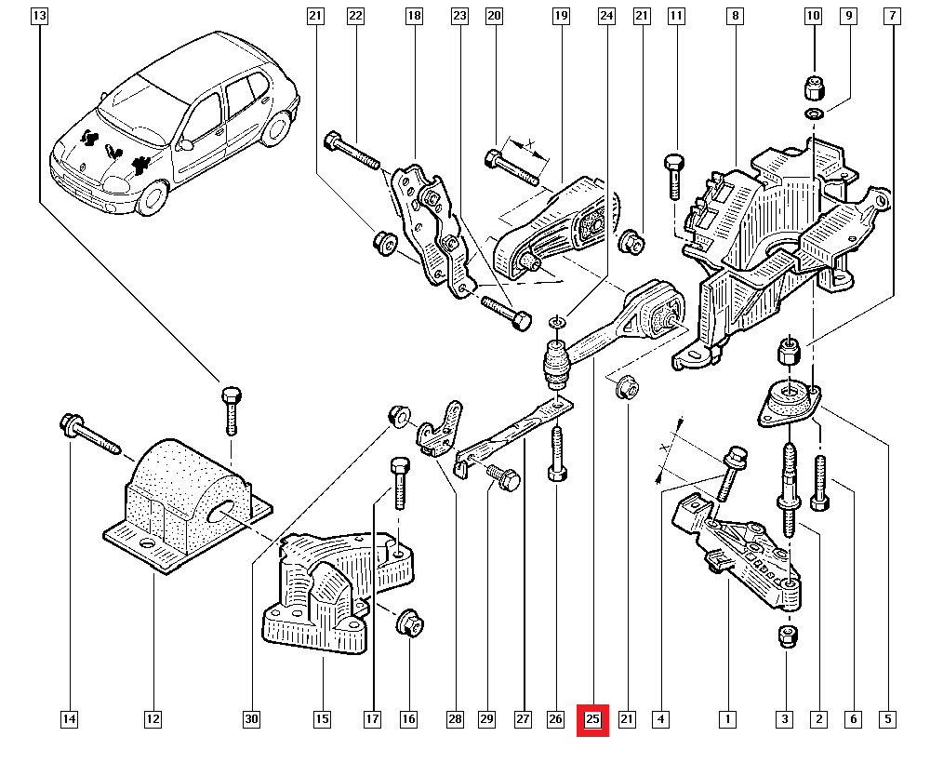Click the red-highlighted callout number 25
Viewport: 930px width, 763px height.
coord(592,719)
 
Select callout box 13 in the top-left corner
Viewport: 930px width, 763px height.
coord(38,16)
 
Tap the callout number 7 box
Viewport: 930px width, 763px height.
coord(892,16)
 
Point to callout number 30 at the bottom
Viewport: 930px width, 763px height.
coord(251,719)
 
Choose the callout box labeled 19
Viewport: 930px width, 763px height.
coord(560,16)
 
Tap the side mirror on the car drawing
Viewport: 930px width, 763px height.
coord(186,144)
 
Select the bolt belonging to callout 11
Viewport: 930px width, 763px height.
coord(674,177)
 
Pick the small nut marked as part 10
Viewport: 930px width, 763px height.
coord(814,90)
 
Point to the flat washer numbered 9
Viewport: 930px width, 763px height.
coord(815,114)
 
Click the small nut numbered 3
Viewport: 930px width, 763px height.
coord(786,637)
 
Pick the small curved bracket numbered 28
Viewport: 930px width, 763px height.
coord(441,428)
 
